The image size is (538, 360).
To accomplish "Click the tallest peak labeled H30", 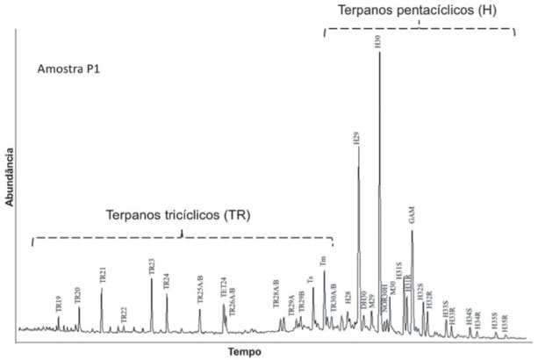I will [379, 54].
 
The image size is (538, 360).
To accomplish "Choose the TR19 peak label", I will [59, 305].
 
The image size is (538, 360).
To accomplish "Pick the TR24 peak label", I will [167, 282].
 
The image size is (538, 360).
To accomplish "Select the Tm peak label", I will [324, 260].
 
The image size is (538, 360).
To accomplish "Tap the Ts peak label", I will [312, 280].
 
